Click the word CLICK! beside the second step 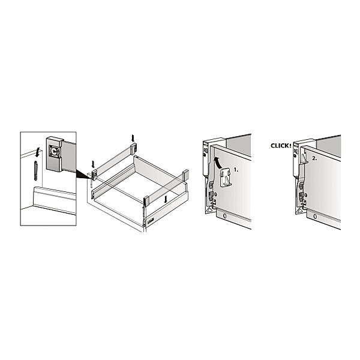click(281, 146)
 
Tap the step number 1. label click(236, 170)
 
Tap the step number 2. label click(314, 158)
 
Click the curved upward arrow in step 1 click(217, 163)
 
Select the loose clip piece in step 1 click(226, 177)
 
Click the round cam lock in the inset click(55, 151)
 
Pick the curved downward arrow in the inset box click(37, 152)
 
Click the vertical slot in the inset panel click(36, 170)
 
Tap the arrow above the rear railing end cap click(133, 138)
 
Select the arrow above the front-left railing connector click(93, 164)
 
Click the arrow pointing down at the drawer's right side click(166, 200)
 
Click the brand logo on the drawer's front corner click(150, 221)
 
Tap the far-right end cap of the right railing click(186, 175)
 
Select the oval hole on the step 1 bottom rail click(225, 216)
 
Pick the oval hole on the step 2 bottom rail click(315, 216)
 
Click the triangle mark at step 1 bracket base click(209, 210)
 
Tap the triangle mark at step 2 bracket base click(299, 211)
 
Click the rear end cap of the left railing click(134, 148)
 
